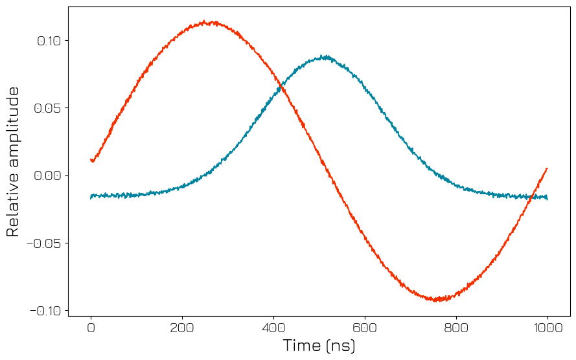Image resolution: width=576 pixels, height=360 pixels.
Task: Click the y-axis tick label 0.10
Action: click(x=49, y=41)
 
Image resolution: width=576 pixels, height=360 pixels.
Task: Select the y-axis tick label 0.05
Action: click(x=49, y=108)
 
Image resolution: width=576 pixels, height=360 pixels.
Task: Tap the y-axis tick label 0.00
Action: click(x=49, y=175)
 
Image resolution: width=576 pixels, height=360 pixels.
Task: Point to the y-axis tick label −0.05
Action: click(x=44, y=243)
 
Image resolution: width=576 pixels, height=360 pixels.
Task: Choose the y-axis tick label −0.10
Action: click(x=44, y=311)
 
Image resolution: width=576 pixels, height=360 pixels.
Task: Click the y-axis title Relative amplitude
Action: click(x=13, y=162)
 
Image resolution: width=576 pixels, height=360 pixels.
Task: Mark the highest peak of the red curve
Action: click(x=205, y=21)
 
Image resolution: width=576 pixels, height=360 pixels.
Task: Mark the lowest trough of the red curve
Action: click(x=436, y=300)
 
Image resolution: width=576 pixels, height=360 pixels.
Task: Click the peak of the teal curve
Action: click(x=326, y=56)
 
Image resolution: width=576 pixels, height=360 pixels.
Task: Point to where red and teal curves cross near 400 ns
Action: click(x=281, y=85)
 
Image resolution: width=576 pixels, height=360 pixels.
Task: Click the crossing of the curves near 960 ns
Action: click(x=532, y=196)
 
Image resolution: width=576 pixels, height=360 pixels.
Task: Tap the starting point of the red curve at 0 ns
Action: click(x=91, y=160)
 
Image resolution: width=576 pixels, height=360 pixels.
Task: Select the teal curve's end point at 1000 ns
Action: click(x=547, y=198)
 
